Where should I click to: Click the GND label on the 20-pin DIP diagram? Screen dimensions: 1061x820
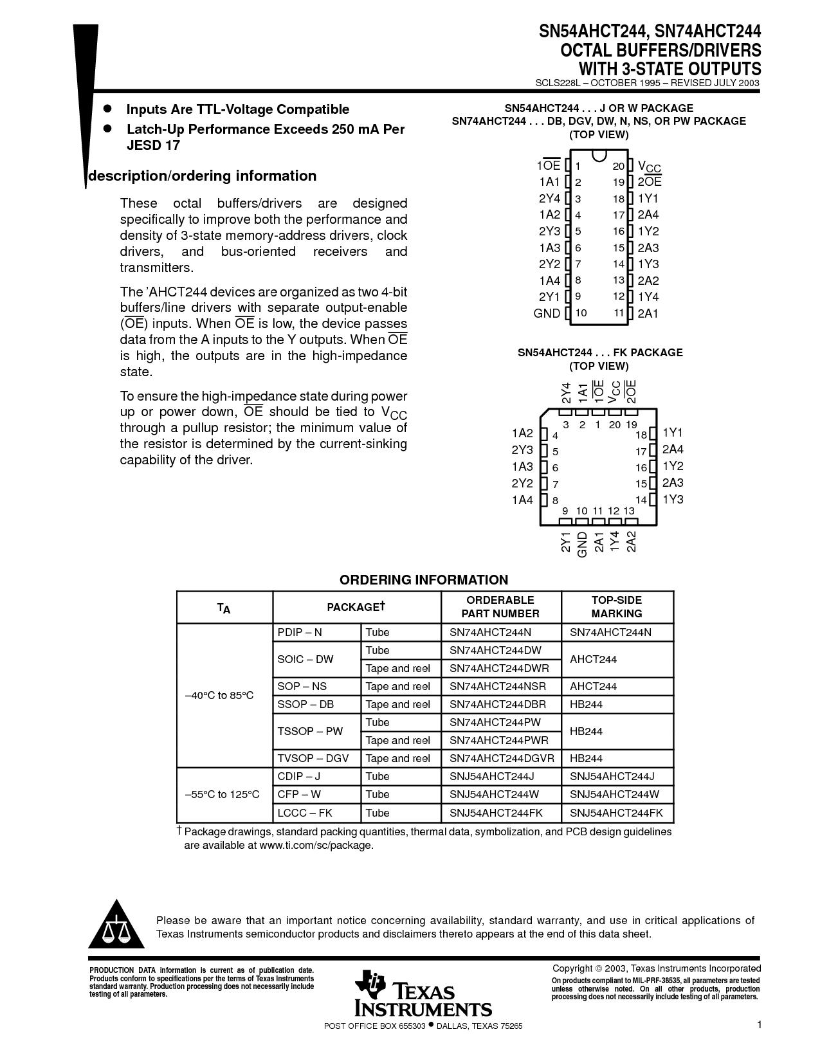pyautogui.click(x=547, y=313)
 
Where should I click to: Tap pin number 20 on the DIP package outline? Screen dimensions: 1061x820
pyautogui.click(x=618, y=166)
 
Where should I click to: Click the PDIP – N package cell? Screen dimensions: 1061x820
pyautogui.click(x=300, y=632)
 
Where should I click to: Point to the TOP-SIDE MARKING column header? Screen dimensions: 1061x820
pyautogui.click(x=617, y=606)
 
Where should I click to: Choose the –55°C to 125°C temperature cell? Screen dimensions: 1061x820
pyautogui.click(x=223, y=794)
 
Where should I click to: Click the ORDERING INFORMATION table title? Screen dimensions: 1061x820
pyautogui.click(x=424, y=580)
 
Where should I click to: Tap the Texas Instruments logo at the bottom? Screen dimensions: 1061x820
pyautogui.click(x=423, y=993)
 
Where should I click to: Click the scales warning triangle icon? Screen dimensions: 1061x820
pyautogui.click(x=116, y=924)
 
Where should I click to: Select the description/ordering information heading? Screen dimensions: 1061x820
pyautogui.click(x=202, y=176)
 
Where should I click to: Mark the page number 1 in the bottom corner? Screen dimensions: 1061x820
pyautogui.click(x=759, y=1024)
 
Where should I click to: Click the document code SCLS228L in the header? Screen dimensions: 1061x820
pyautogui.click(x=558, y=83)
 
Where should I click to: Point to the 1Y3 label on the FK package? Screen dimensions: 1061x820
pyautogui.click(x=673, y=500)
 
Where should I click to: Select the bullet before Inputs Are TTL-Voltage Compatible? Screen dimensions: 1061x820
pyautogui.click(x=108, y=109)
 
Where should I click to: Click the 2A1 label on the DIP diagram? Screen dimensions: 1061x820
pyautogui.click(x=648, y=313)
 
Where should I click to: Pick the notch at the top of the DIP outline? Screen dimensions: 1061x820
pyautogui.click(x=599, y=156)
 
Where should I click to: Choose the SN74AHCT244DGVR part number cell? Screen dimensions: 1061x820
pyautogui.click(x=502, y=758)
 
